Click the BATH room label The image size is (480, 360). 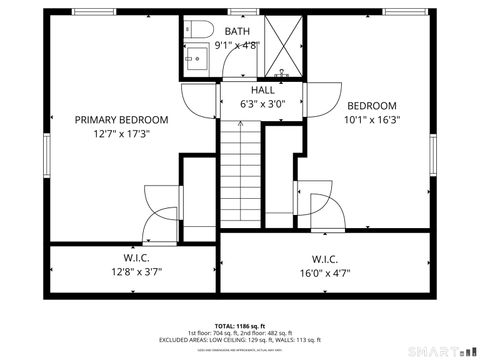pyautogui.click(x=238, y=32)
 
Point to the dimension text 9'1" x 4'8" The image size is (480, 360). pyautogui.click(x=238, y=45)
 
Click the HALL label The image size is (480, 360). pyautogui.click(x=263, y=90)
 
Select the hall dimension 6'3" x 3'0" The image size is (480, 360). pyautogui.click(x=263, y=103)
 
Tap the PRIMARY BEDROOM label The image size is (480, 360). pyautogui.click(x=122, y=119)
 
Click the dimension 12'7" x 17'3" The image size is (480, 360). pyautogui.click(x=122, y=133)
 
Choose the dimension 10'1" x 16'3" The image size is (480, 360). pyautogui.click(x=372, y=119)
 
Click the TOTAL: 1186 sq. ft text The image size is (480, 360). pyautogui.click(x=240, y=326)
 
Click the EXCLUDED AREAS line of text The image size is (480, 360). pyautogui.click(x=240, y=339)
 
